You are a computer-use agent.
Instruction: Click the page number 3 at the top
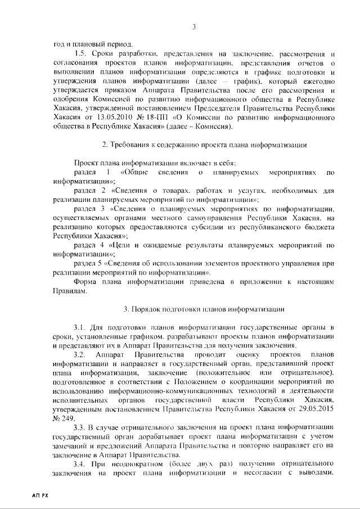point(193,26)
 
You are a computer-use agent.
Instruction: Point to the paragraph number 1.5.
point(81,53)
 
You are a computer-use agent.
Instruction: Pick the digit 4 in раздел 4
point(102,245)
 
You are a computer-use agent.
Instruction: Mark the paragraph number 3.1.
point(81,327)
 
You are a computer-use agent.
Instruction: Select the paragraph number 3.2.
point(81,354)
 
